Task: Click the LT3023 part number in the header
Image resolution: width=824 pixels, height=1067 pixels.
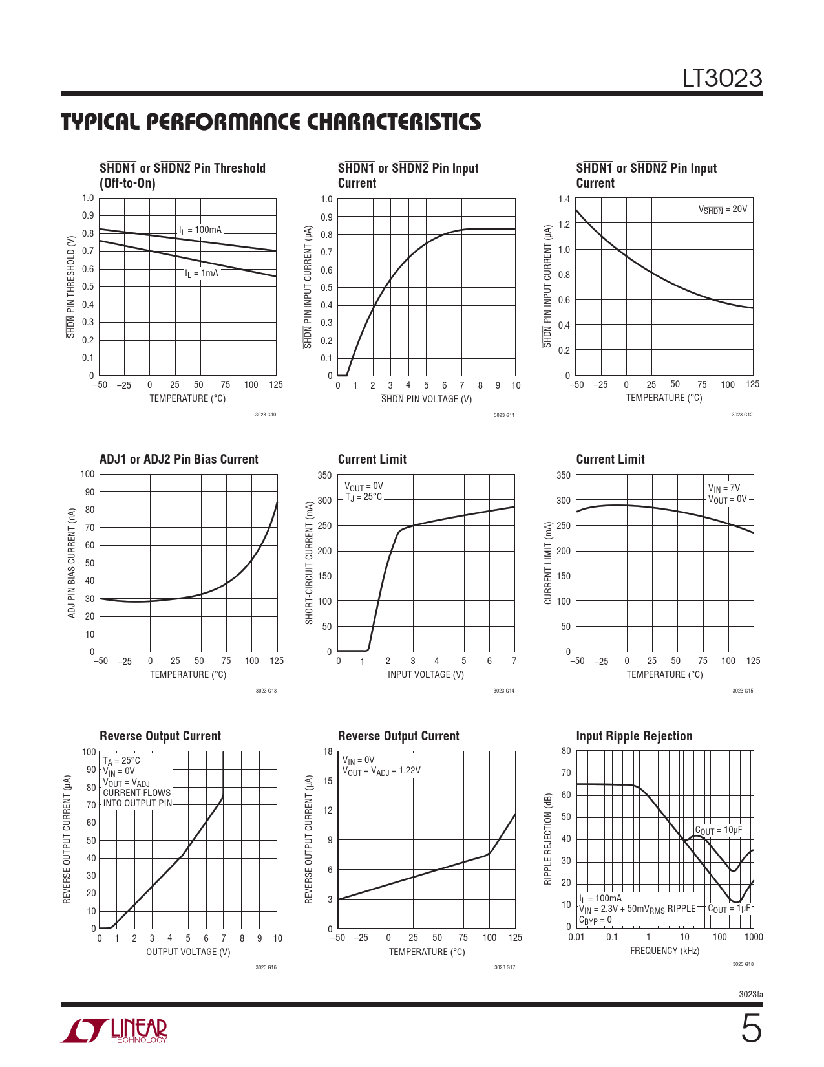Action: (722, 78)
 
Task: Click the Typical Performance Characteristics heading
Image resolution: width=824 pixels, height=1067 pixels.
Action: (271, 122)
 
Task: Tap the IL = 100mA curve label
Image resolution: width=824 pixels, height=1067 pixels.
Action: (200, 230)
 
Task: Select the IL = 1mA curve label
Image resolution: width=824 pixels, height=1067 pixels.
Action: (202, 274)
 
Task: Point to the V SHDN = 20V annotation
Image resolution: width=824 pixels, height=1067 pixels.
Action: (723, 210)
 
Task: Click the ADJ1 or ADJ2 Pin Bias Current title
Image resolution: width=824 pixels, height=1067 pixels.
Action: (178, 459)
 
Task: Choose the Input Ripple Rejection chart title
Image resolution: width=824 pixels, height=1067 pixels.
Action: (634, 736)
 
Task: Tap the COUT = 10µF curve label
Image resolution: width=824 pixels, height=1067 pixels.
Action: (718, 830)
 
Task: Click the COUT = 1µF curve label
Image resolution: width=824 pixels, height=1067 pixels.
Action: (729, 909)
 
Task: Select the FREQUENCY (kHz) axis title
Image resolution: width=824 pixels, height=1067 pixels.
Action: (664, 951)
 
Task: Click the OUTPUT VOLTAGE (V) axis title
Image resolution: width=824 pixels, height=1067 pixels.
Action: (188, 952)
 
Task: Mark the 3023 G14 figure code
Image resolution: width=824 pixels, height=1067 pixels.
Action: (503, 691)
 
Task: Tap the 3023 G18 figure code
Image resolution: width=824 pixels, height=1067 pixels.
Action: (743, 964)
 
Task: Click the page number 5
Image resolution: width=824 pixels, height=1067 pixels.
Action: (750, 1029)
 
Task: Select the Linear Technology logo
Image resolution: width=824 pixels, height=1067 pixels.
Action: (114, 1031)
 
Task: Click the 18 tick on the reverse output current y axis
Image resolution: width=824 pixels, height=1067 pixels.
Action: (328, 751)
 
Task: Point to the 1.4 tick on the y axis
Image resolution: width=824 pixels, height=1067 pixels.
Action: (564, 199)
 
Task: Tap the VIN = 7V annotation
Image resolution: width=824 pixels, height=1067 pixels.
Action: (724, 488)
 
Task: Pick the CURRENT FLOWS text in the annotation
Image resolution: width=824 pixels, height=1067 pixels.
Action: (137, 793)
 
